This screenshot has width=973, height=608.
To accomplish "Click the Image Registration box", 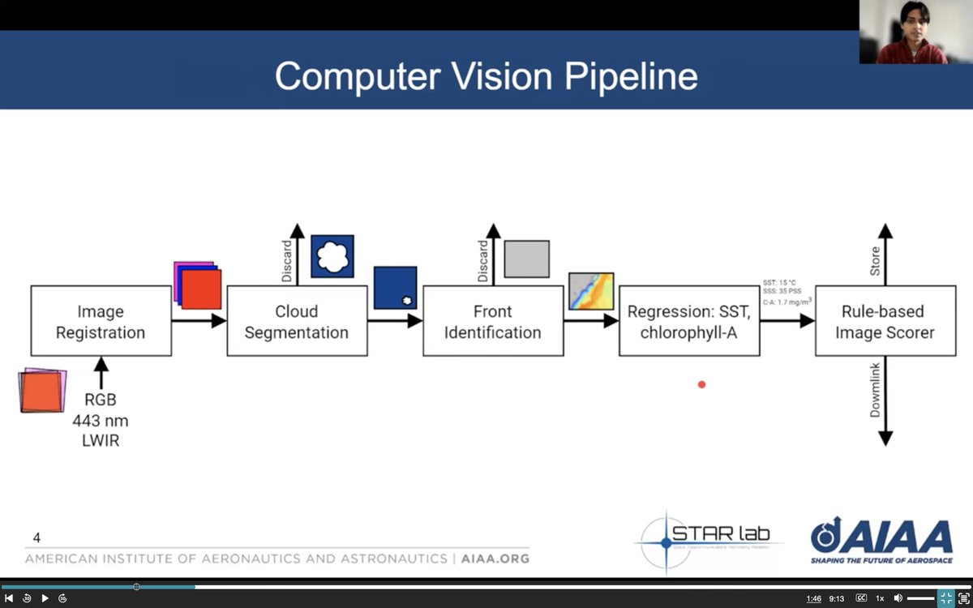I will tap(101, 321).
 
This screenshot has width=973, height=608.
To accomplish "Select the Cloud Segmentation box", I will tap(297, 321).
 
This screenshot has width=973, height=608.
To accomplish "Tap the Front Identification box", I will tap(493, 321).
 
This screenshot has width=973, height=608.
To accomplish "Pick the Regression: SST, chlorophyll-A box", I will tap(689, 321).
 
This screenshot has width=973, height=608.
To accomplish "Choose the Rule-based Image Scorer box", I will tap(885, 321).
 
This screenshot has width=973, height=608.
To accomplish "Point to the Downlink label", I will tap(875, 390).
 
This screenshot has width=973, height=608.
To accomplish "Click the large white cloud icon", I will tap(332, 256).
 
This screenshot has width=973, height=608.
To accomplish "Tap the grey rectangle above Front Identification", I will tap(526, 259).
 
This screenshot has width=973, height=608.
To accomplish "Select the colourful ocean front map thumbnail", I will tap(591, 292).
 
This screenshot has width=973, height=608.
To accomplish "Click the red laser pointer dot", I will tap(701, 384).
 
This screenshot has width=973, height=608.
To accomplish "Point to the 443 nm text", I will tap(101, 421).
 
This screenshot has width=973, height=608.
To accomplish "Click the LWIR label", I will tap(101, 441).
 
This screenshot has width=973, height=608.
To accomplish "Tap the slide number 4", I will tap(36, 537).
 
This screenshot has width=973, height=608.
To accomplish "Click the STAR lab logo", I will tap(709, 539).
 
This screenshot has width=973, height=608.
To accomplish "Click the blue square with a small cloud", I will tap(395, 288).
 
